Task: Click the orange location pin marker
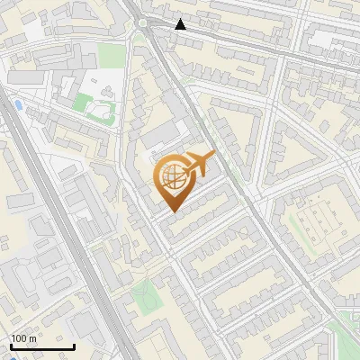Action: [173, 182]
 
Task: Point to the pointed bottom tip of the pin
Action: [173, 211]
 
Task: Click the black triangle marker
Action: [181, 24]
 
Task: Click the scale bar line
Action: [41, 346]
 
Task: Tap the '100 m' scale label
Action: [23, 338]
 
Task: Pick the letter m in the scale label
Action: [32, 338]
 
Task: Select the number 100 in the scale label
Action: [19, 338]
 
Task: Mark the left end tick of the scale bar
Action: [10, 345]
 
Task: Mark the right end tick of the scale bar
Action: [74, 345]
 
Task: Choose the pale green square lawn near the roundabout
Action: [111, 56]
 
